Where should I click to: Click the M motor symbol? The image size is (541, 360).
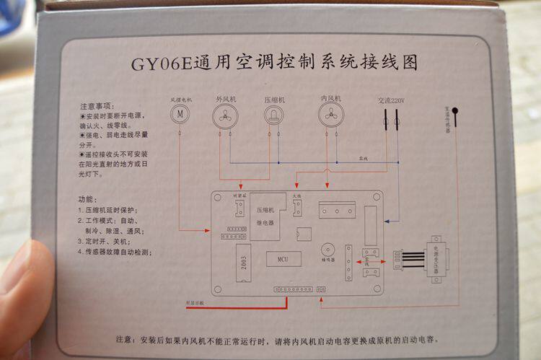pyautogui.click(x=182, y=114)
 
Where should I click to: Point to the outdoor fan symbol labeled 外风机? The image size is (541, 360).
pyautogui.click(x=225, y=115)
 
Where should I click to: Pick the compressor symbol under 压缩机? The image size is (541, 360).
pyautogui.click(x=273, y=115)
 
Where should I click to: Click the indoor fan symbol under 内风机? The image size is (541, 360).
pyautogui.click(x=330, y=115)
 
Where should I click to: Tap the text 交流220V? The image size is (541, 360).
pyautogui.click(x=390, y=102)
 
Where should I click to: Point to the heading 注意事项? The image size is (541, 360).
pyautogui.click(x=97, y=105)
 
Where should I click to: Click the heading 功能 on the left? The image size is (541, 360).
pyautogui.click(x=86, y=198)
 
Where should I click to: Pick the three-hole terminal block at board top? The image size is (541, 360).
pyautogui.click(x=339, y=210)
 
